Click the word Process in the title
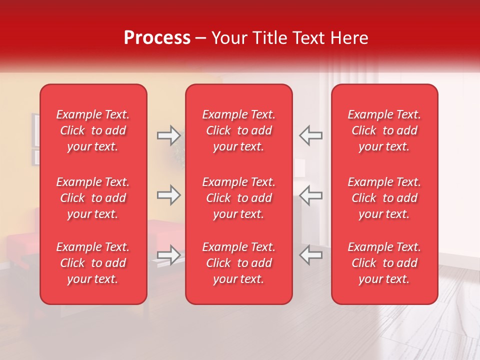pos(157,38)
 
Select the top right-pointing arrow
pos(168,135)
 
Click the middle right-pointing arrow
pos(168,195)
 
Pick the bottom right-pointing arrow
pos(168,255)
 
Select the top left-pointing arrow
pos(310,135)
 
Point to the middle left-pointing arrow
pos(310,195)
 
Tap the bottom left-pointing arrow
pos(310,255)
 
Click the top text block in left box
pos(93,130)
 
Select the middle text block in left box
pos(93,198)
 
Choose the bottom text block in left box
pos(93,263)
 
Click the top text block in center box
pos(238,130)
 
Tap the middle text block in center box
pos(238,198)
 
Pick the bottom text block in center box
pos(238,263)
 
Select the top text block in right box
pos(384,130)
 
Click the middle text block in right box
pos(384,198)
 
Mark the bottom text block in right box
pos(384,263)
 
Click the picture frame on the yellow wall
pos(35,130)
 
